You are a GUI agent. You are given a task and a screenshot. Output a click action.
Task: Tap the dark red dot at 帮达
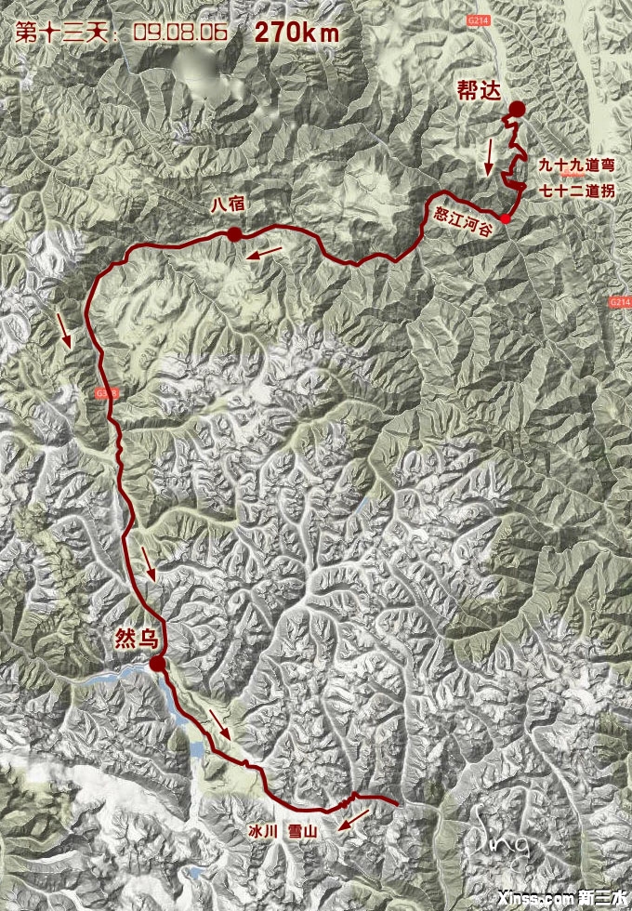pyautogui.click(x=517, y=110)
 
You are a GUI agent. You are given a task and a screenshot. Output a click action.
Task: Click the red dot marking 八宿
pyautogui.click(x=234, y=234)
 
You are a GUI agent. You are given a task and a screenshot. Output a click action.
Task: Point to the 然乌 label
pyautogui.click(x=138, y=639)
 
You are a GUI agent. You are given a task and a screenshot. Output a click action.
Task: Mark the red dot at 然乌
pyautogui.click(x=158, y=664)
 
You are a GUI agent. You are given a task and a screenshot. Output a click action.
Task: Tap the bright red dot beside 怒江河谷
pyautogui.click(x=503, y=219)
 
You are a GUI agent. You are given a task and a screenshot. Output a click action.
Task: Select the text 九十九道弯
pyautogui.click(x=576, y=165)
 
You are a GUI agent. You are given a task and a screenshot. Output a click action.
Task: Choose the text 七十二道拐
pyautogui.click(x=576, y=192)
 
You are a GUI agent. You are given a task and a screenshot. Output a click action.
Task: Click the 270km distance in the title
pyautogui.click(x=296, y=32)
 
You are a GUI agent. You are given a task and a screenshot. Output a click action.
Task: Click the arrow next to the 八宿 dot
pyautogui.click(x=266, y=253)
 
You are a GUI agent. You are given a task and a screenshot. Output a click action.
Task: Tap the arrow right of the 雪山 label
pyautogui.click(x=354, y=819)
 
